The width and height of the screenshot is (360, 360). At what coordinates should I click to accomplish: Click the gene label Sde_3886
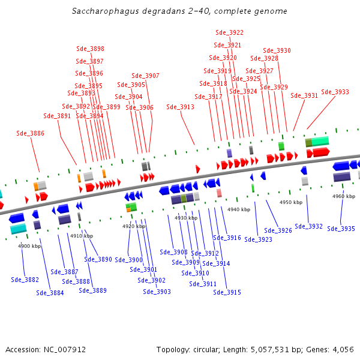tap(31, 133)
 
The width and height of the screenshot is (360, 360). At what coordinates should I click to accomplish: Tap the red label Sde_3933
tap(335, 92)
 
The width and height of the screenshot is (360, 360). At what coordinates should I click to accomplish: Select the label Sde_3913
tap(180, 107)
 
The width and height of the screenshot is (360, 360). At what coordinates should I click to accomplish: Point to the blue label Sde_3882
tap(25, 280)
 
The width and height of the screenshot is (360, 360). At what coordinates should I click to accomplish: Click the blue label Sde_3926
tap(278, 230)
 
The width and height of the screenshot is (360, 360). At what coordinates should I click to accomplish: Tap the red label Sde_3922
tap(229, 32)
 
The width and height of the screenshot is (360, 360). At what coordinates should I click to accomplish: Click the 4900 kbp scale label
tap(29, 246)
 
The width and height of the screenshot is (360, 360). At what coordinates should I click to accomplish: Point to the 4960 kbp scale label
tap(344, 196)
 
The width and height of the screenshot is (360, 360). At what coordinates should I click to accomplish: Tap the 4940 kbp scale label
tap(239, 209)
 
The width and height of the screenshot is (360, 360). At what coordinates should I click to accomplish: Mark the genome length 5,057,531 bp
tap(271, 349)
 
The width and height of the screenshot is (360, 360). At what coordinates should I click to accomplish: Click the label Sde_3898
tap(90, 49)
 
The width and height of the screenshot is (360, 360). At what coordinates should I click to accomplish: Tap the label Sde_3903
tap(157, 292)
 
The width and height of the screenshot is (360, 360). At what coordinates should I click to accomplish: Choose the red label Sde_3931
tap(304, 95)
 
